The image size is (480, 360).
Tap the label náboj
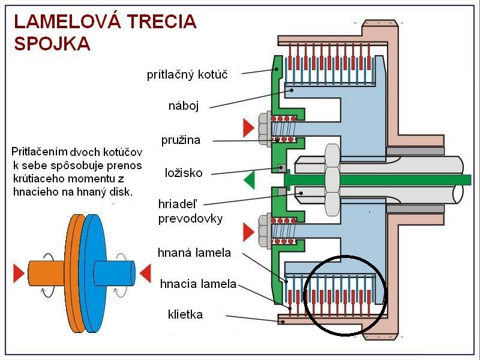click(183, 106)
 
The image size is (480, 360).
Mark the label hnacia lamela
click(198, 283)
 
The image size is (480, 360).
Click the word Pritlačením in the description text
click(39, 151)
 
